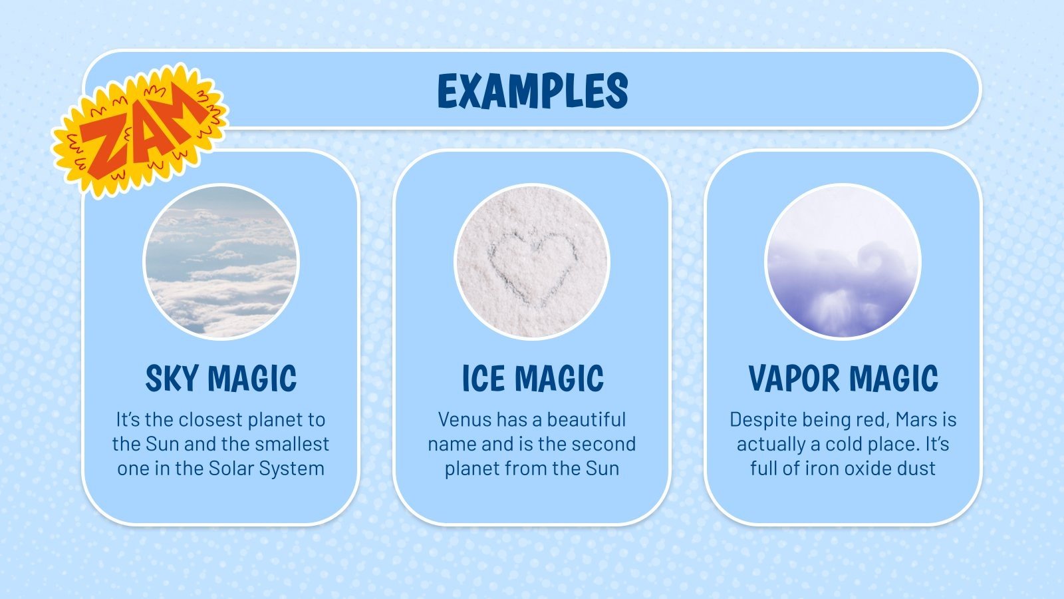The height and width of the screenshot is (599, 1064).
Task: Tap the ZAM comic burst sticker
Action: (x=140, y=130)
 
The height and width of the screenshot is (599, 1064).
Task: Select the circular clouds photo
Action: (x=221, y=262)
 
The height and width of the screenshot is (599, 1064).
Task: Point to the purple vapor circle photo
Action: (x=843, y=262)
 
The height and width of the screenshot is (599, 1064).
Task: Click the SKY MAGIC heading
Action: (x=221, y=379)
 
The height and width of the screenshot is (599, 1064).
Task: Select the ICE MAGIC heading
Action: (x=533, y=379)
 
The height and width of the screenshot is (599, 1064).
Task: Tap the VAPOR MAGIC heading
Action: (x=843, y=379)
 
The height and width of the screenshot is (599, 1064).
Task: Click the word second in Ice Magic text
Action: (x=603, y=444)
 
